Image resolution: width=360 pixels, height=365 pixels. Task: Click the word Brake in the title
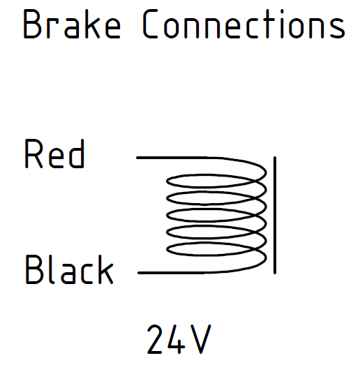tap(72, 24)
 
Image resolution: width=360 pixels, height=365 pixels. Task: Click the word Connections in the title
tap(244, 24)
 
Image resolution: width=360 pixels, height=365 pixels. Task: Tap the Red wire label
tap(54, 154)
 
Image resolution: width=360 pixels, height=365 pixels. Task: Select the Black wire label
tap(69, 269)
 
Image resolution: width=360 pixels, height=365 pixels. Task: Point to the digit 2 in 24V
tap(154, 339)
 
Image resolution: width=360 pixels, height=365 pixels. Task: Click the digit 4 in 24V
tap(176, 339)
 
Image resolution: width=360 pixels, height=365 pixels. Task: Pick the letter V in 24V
tap(201, 339)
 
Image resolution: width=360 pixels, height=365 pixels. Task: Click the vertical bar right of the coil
tap(275, 216)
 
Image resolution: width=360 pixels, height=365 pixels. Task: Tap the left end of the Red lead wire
tap(137, 158)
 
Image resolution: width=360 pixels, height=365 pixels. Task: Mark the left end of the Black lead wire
tap(139, 273)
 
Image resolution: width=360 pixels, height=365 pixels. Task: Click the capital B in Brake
tap(32, 24)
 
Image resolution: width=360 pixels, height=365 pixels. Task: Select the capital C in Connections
tap(150, 24)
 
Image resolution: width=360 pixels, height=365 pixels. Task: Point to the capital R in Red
tap(33, 154)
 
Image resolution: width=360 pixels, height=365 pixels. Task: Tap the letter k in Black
tap(106, 269)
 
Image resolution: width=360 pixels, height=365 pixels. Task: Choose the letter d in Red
tap(77, 154)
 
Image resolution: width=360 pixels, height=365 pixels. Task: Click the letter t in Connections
tap(268, 24)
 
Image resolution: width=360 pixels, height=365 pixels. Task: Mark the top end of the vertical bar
tap(275, 157)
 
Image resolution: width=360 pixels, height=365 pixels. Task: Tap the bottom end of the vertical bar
tap(275, 274)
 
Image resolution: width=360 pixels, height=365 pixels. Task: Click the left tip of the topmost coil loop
tap(167, 181)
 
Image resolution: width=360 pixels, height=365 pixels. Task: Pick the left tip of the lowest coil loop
tap(167, 249)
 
